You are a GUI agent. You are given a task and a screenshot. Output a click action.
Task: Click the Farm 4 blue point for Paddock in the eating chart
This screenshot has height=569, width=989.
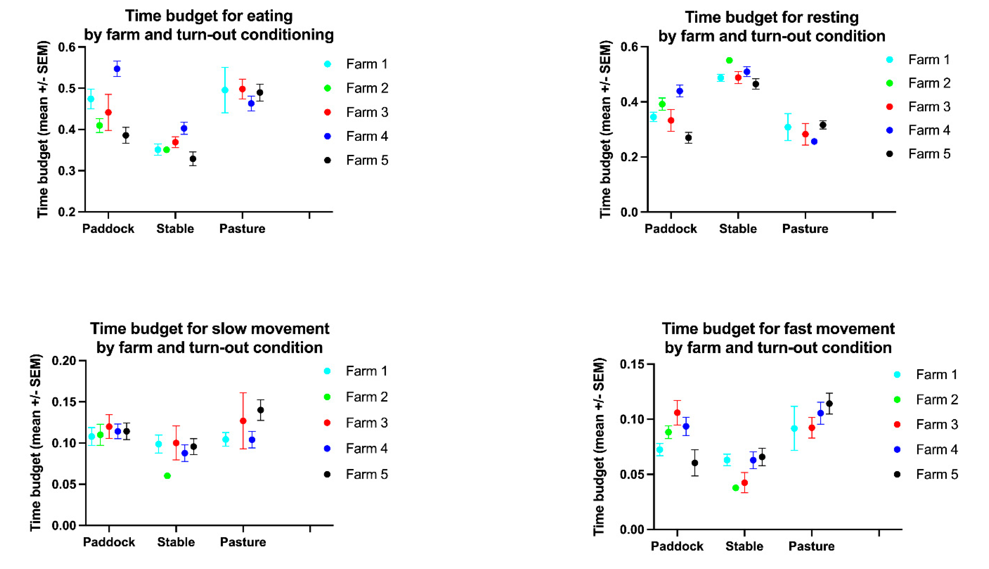pyautogui.click(x=117, y=69)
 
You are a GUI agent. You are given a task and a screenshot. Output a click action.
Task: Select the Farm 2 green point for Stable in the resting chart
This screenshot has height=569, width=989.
pyautogui.click(x=729, y=60)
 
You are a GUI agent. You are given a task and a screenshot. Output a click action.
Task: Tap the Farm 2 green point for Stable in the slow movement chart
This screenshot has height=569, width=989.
pyautogui.click(x=167, y=476)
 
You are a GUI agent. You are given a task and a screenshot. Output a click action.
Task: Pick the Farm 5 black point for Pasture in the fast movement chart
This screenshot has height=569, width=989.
pyautogui.click(x=829, y=403)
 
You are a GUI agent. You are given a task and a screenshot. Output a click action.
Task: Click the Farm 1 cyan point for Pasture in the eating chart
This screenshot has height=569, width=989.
pyautogui.click(x=225, y=90)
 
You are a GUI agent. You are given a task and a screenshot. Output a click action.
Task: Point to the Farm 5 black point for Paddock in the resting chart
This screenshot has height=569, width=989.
pyautogui.click(x=688, y=138)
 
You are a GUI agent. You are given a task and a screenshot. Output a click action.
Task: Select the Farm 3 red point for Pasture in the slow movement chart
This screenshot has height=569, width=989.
pyautogui.click(x=243, y=421)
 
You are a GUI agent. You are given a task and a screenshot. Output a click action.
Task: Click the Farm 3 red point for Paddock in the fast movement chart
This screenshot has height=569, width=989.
pyautogui.click(x=677, y=413)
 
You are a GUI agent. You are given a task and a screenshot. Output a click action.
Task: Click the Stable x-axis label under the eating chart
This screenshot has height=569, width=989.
pyautogui.click(x=175, y=229)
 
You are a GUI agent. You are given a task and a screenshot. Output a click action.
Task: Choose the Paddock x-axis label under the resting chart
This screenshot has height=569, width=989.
pyautogui.click(x=670, y=229)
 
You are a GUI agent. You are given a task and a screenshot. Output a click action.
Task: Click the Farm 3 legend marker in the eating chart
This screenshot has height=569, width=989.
pyautogui.click(x=328, y=112)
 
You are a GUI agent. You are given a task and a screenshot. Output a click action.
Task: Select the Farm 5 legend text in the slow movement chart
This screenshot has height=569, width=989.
pyautogui.click(x=367, y=474)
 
